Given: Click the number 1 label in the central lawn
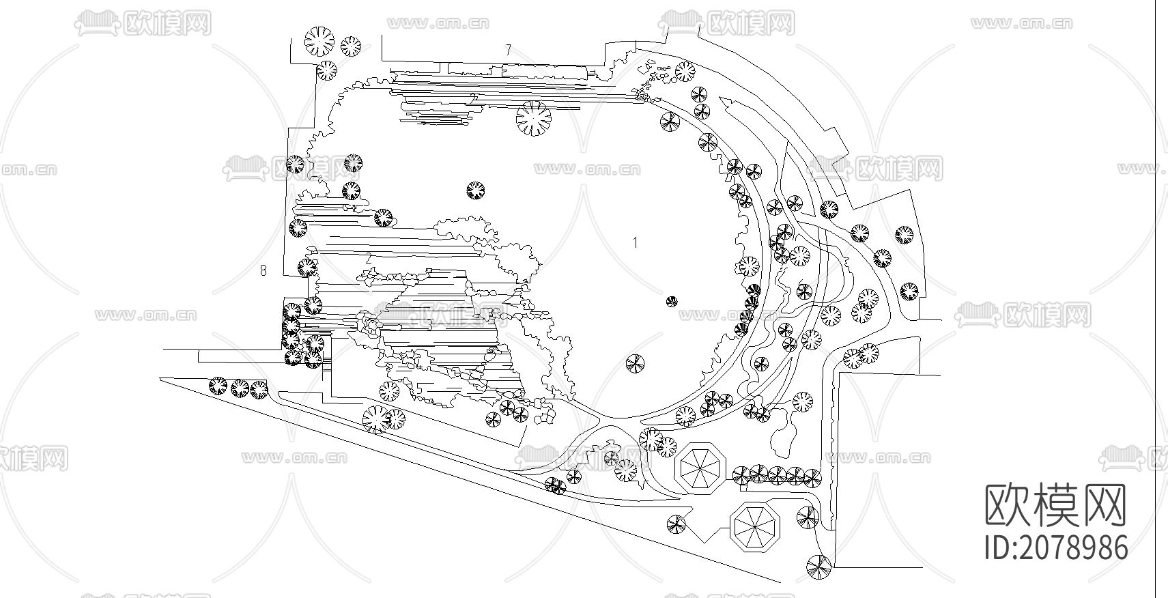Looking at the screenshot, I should (x=636, y=242).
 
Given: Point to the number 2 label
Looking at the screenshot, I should (x=369, y=259).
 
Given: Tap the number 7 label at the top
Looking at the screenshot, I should (x=507, y=50).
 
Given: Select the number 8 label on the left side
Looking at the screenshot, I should (x=263, y=271).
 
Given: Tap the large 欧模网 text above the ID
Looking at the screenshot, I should (x=1055, y=505).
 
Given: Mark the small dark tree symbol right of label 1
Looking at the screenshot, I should (x=672, y=301).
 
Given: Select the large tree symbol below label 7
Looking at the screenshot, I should (x=533, y=119).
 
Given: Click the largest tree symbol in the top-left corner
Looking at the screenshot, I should (x=319, y=41).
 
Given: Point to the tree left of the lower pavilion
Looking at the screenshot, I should (x=676, y=524).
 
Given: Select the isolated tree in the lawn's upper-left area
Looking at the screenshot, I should (x=476, y=190).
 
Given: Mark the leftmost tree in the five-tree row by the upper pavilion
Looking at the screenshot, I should (x=740, y=474).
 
